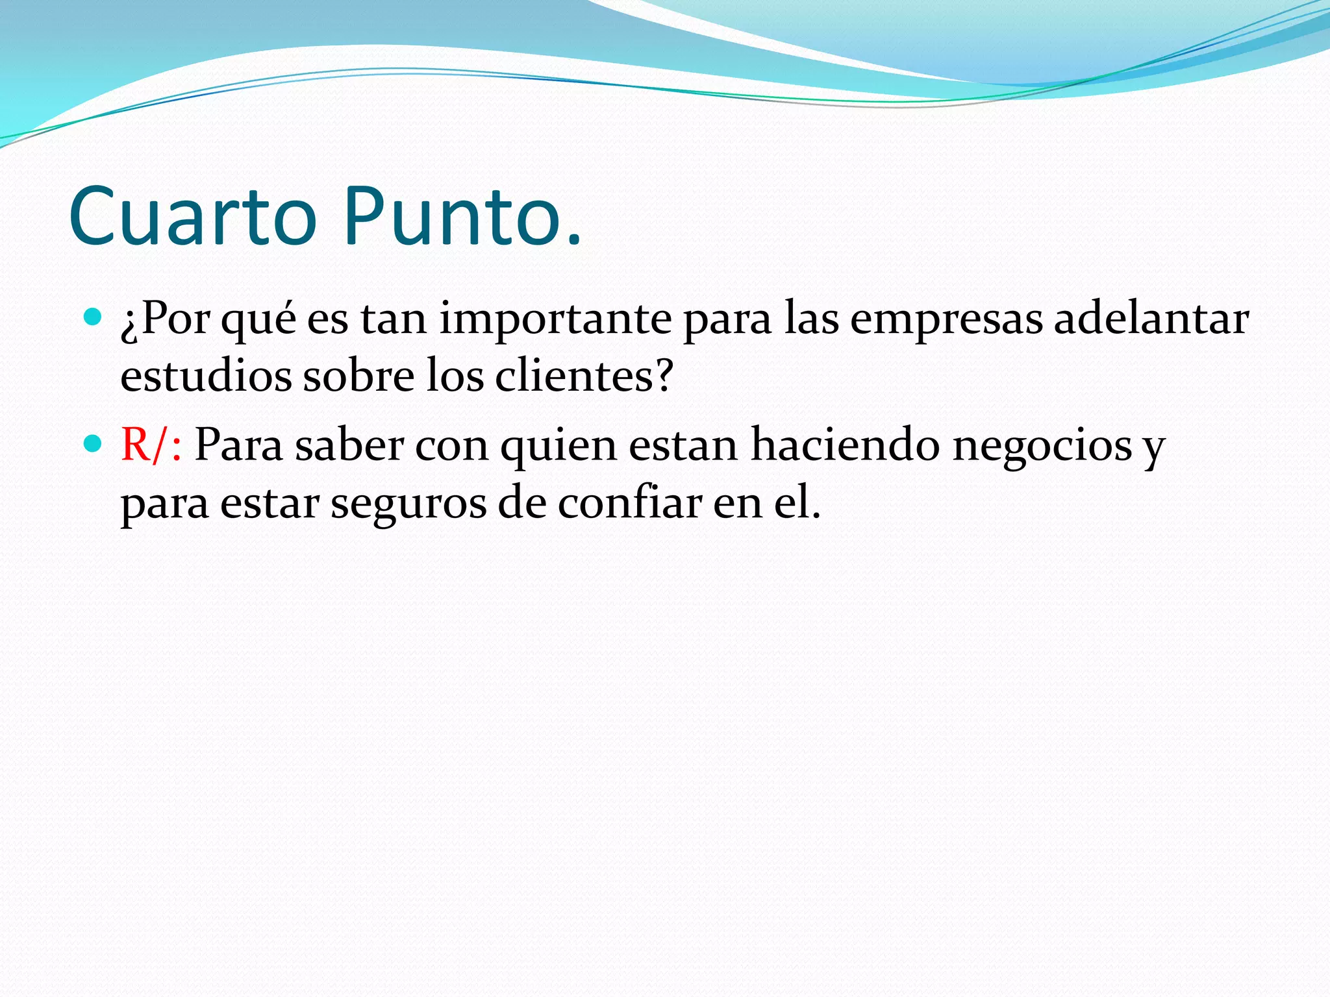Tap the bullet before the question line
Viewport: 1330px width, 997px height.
[x=94, y=317]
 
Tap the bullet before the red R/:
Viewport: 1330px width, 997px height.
[x=94, y=444]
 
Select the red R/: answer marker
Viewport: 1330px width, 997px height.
[x=151, y=445]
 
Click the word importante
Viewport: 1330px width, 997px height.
[x=555, y=320]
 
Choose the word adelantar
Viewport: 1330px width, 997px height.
[x=1151, y=319]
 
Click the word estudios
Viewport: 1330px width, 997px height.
[x=206, y=376]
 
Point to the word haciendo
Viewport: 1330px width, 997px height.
[x=845, y=445]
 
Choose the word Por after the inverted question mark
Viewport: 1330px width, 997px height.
[x=175, y=319]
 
